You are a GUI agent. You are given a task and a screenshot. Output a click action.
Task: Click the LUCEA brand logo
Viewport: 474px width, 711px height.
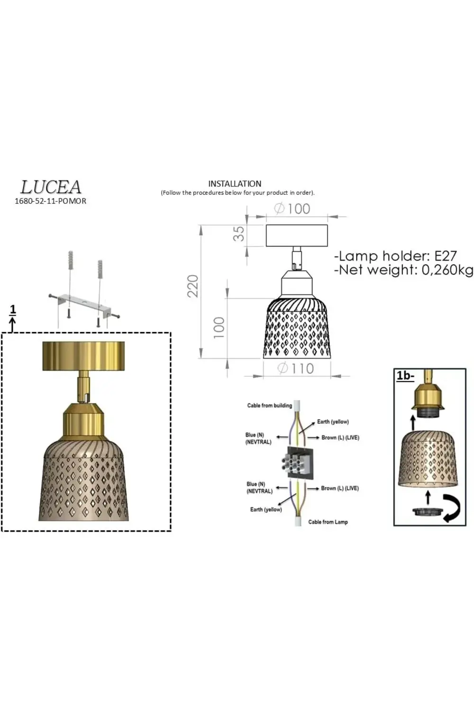pyautogui.click(x=51, y=187)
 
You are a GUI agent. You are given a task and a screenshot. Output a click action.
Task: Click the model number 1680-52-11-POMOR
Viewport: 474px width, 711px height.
pyautogui.click(x=50, y=201)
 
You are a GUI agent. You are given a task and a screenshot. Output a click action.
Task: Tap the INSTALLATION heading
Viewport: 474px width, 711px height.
pyautogui.click(x=235, y=183)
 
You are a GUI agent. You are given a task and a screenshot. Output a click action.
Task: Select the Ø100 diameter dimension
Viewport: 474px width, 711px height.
pyautogui.click(x=292, y=209)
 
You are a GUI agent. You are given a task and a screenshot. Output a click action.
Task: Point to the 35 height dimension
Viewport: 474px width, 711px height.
pyautogui.click(x=239, y=233)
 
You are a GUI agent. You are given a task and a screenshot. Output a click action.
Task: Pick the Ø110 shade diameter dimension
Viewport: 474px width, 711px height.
pyautogui.click(x=296, y=368)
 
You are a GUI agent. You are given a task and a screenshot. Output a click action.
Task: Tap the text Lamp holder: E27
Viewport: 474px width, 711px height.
pyautogui.click(x=395, y=256)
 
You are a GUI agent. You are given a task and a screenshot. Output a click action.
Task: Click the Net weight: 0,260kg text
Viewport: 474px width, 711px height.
pyautogui.click(x=403, y=270)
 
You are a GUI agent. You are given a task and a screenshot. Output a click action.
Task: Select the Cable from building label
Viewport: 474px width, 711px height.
pyautogui.click(x=269, y=405)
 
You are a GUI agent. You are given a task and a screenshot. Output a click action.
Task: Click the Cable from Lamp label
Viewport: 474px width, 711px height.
pyautogui.click(x=328, y=522)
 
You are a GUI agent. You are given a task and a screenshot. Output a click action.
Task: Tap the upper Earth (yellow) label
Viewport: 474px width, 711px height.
pyautogui.click(x=333, y=421)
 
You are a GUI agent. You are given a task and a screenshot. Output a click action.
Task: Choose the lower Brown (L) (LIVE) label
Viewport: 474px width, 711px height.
pyautogui.click(x=339, y=488)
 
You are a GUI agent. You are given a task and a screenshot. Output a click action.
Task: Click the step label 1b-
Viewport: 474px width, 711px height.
pyautogui.click(x=405, y=376)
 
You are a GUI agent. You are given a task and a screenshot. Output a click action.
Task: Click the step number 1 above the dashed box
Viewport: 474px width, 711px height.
pyautogui.click(x=13, y=310)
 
